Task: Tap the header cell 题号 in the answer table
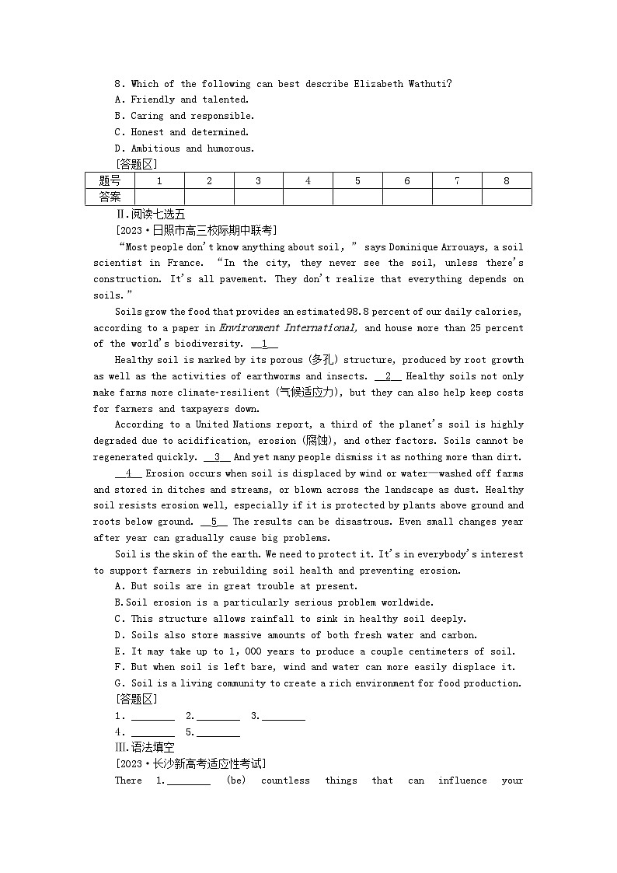[x=110, y=180]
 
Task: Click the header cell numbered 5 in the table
[x=357, y=180]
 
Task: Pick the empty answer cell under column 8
[x=507, y=197]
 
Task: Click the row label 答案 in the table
[x=110, y=197]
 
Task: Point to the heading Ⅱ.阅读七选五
[x=151, y=214]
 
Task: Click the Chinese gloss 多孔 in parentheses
[x=322, y=360]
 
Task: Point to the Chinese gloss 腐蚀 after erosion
[x=317, y=441]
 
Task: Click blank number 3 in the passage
[x=217, y=457]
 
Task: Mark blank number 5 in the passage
[x=214, y=522]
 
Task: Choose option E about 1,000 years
[x=315, y=651]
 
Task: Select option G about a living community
[x=318, y=683]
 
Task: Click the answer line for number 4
[x=152, y=733]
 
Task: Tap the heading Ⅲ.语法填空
[x=145, y=747]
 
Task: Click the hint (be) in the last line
[x=236, y=780]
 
